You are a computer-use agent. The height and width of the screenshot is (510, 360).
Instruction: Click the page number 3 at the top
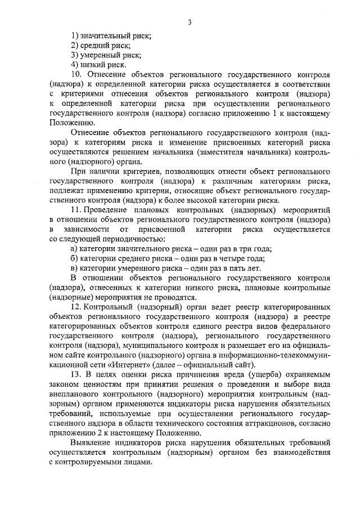190,23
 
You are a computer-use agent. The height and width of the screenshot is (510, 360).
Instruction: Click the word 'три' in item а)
244,248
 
